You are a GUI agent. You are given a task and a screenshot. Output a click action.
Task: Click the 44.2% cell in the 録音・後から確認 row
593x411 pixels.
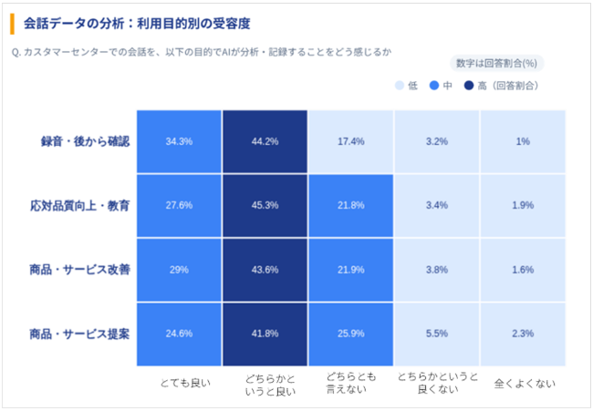click(265, 141)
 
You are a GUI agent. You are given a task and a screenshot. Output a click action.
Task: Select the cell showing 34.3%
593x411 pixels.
click(179, 141)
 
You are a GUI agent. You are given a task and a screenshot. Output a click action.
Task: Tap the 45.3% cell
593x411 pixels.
click(265, 205)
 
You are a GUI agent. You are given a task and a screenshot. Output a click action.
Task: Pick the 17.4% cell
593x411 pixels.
click(350, 141)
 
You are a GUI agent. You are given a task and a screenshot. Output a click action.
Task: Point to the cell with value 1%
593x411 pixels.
click(523, 141)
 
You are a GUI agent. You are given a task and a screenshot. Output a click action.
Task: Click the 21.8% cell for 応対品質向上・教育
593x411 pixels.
click(350, 205)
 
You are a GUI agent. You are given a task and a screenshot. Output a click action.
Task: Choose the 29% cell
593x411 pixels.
click(179, 270)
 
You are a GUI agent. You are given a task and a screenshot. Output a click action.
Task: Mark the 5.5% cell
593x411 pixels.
click(436, 334)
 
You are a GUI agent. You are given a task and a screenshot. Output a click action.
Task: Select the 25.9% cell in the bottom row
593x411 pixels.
click(350, 334)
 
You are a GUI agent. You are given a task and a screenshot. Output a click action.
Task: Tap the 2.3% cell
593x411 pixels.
click(523, 334)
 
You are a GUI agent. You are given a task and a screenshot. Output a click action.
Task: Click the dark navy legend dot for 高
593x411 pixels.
click(469, 86)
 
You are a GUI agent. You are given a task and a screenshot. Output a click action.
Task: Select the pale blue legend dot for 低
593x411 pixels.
click(400, 86)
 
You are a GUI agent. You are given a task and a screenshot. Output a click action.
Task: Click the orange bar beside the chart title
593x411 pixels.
click(12, 21)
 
